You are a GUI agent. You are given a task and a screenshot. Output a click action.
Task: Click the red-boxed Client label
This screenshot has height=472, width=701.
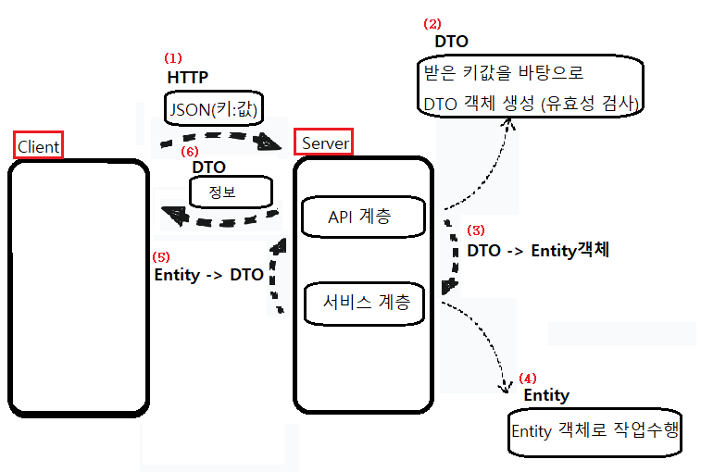pos(38,145)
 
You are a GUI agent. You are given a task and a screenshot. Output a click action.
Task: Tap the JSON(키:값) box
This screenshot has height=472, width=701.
pos(215,108)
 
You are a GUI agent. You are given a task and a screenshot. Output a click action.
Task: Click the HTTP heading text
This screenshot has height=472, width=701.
pos(188,77)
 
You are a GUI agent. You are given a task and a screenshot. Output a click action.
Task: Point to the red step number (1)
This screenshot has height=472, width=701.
pos(172,57)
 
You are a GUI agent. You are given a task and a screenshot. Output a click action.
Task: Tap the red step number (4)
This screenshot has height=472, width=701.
pos(526,378)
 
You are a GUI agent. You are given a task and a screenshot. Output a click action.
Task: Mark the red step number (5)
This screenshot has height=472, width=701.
pos(161,256)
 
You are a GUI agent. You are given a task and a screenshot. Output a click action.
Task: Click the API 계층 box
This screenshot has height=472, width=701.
pos(362,217)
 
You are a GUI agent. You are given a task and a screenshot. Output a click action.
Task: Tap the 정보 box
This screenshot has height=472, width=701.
pos(231,193)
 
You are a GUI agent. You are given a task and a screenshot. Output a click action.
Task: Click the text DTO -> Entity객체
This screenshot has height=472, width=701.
pos(538,250)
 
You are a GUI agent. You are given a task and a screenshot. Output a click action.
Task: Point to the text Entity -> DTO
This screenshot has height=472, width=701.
pos(208,275)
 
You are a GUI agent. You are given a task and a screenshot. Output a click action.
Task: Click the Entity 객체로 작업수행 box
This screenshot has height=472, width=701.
pos(595,431)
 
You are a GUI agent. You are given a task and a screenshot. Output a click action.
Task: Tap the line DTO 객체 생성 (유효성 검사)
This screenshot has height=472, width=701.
pos(530,104)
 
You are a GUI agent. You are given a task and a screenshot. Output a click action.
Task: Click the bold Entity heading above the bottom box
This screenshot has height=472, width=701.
pos(546,395)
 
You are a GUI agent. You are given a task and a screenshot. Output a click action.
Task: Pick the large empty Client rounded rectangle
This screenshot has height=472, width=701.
pos(79,287)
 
